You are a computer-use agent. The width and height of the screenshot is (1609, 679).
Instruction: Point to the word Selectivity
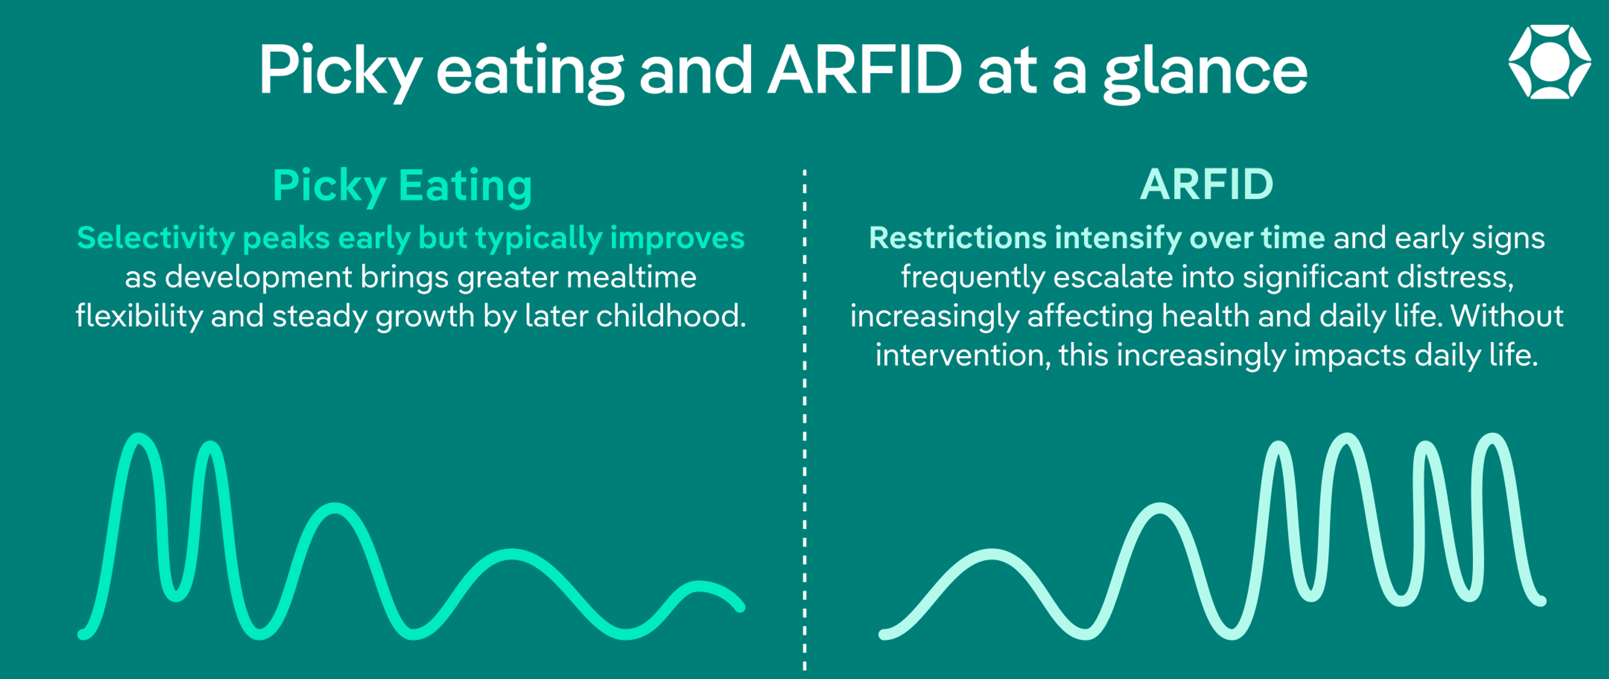[155, 238]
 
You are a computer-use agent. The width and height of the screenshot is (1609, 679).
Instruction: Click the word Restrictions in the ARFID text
[957, 238]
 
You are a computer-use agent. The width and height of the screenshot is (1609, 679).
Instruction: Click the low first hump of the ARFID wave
[992, 555]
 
